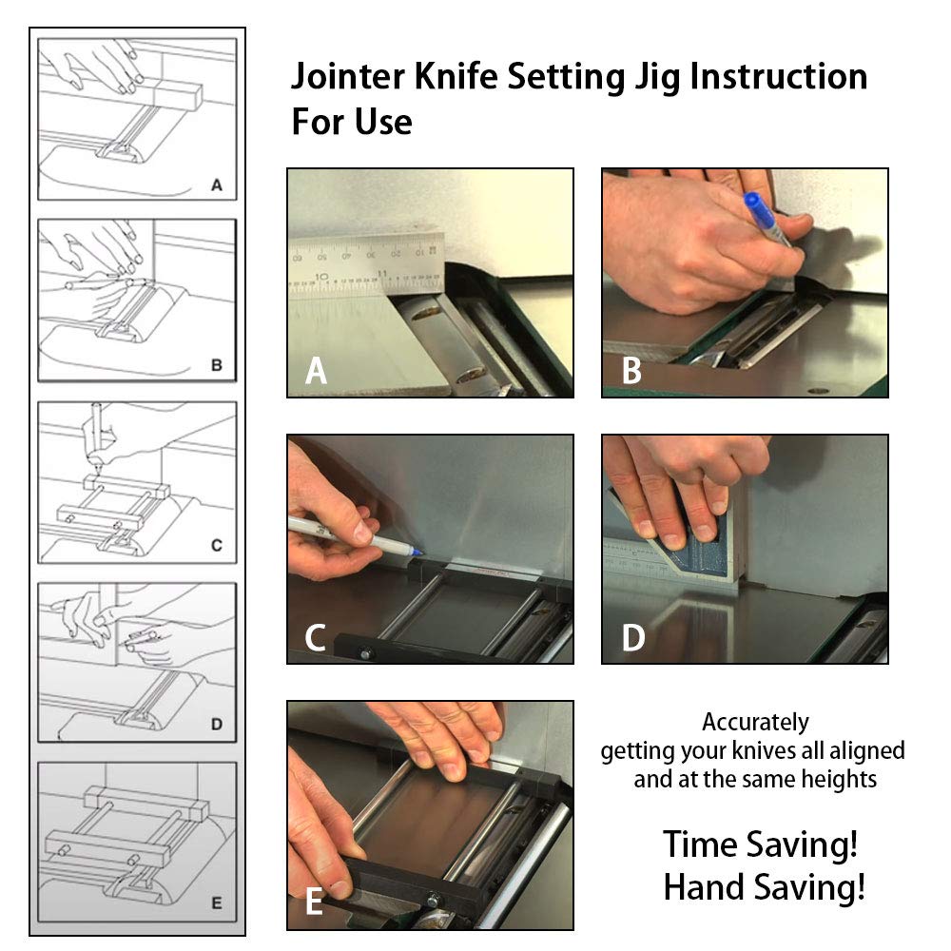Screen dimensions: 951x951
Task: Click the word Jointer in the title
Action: [x=348, y=77]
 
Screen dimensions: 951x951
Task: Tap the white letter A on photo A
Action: [x=317, y=371]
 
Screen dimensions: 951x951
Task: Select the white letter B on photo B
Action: [x=631, y=371]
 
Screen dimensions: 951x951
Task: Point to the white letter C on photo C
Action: [x=317, y=637]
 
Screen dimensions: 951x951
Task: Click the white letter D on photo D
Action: [x=632, y=637]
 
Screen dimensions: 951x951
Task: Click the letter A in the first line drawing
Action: [x=217, y=185]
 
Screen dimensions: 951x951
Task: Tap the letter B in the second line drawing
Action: [x=216, y=364]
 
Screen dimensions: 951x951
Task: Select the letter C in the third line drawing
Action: [x=216, y=545]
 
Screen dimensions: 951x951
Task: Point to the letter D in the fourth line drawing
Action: [x=216, y=725]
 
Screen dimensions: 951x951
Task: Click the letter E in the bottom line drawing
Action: [x=216, y=903]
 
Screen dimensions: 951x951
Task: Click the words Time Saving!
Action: [x=760, y=844]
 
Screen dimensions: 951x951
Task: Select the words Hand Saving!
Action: [x=764, y=887]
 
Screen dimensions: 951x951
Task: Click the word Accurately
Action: [x=755, y=722]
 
